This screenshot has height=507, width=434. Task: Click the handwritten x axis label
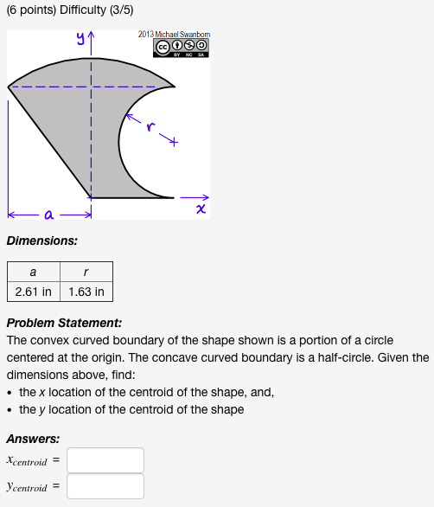coord(201,210)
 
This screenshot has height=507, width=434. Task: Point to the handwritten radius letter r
coord(150,128)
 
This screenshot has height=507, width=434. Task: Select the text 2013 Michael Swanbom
coord(173,34)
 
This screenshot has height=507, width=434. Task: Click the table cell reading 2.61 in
coord(33,292)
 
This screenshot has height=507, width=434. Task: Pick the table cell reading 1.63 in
coord(86,292)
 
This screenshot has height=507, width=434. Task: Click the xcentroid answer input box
coord(105,460)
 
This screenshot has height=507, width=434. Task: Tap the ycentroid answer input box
coord(105,486)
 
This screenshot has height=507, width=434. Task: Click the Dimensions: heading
coord(41,241)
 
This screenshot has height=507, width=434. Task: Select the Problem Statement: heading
coord(64,323)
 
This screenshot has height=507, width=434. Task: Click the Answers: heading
coord(33,439)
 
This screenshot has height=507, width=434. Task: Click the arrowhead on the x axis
coord(205,196)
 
